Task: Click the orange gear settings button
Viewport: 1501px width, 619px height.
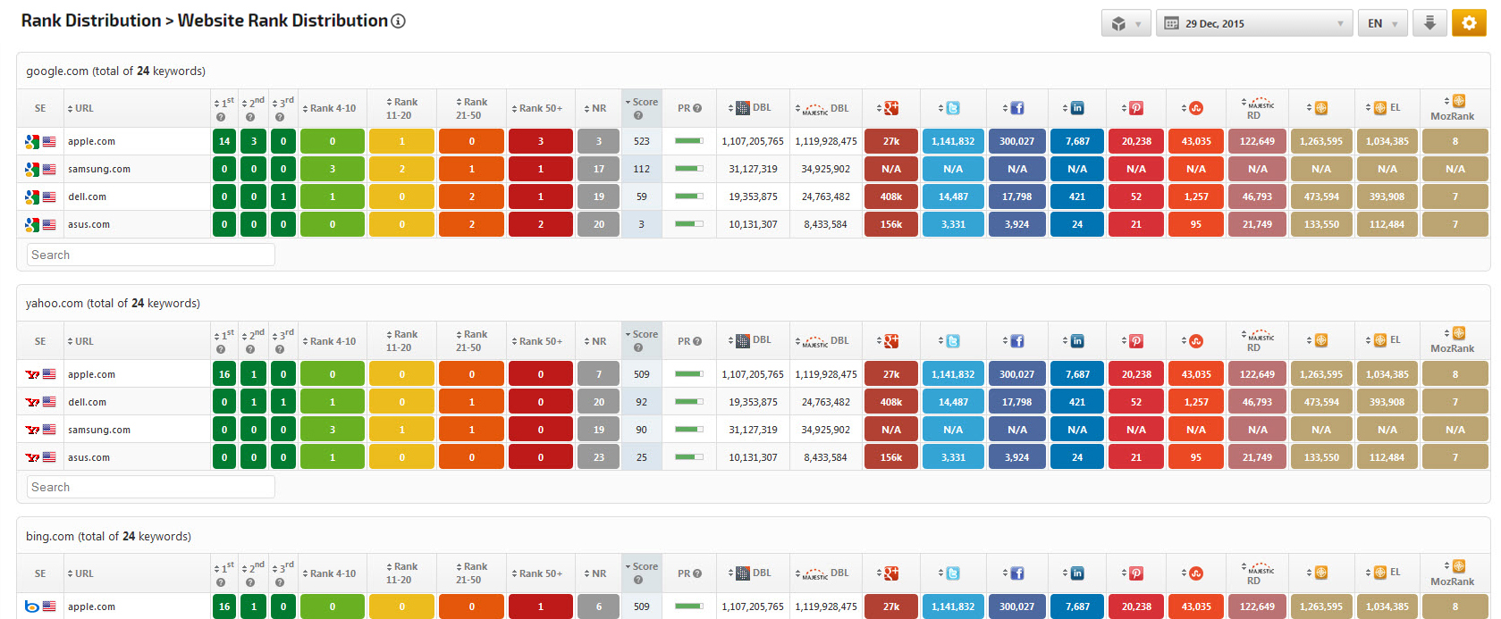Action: pos(1469,23)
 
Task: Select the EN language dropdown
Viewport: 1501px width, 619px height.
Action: pos(1382,23)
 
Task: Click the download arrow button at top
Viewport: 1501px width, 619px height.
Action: pos(1429,23)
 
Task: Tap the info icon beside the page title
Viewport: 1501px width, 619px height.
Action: pos(399,21)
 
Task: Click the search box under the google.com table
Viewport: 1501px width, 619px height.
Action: pos(150,255)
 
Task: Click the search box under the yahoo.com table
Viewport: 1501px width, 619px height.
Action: pos(150,487)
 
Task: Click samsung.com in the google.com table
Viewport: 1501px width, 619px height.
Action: pos(99,169)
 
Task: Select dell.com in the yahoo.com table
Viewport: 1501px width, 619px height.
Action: pos(88,402)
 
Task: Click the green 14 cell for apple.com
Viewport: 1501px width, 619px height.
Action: pos(224,141)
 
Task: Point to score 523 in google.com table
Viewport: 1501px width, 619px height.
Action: pos(642,141)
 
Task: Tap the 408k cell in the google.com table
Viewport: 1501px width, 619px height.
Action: pos(891,197)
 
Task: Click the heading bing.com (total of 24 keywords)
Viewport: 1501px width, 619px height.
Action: pos(108,536)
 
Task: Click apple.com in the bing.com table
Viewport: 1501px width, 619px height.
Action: pos(91,606)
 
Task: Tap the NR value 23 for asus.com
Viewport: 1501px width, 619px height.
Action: pos(599,457)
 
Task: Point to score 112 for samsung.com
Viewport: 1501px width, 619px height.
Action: pos(642,169)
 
